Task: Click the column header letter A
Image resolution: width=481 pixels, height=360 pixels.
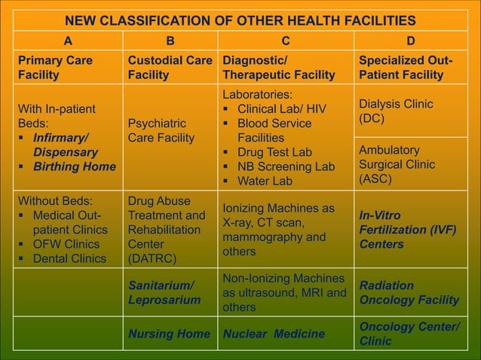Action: (x=67, y=41)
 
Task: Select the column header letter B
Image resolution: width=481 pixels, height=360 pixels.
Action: (x=170, y=41)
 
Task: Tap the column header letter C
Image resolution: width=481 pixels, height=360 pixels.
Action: (x=286, y=41)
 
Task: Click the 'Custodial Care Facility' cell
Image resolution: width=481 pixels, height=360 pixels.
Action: (x=170, y=67)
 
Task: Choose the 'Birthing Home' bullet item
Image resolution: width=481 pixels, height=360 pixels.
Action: (x=74, y=166)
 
